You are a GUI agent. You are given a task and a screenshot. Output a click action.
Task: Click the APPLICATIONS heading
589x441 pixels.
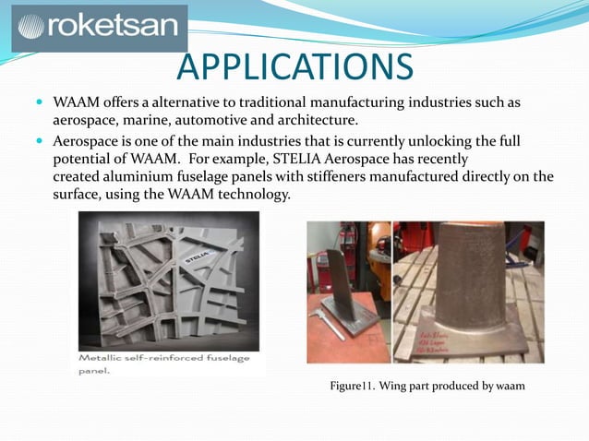[294, 66]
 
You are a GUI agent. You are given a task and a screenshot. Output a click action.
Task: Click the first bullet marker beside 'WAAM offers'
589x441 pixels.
[40, 101]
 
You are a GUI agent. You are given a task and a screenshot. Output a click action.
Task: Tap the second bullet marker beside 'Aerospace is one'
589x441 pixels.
[40, 140]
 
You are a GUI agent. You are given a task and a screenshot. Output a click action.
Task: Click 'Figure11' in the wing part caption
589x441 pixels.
[355, 386]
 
